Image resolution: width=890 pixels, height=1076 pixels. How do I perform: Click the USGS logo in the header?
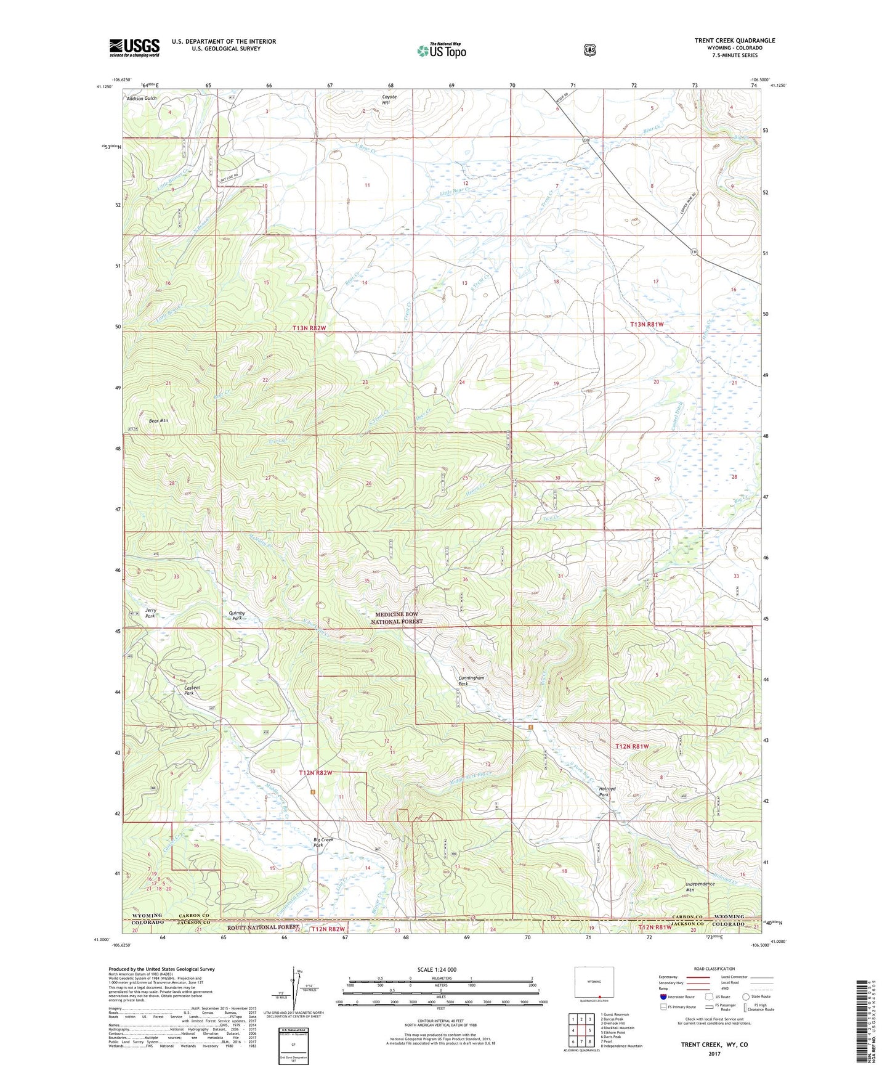coord(134,47)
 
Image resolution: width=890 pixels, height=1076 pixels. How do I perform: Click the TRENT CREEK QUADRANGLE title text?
coord(734,41)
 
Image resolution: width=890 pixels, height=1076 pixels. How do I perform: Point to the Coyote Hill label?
coord(389,100)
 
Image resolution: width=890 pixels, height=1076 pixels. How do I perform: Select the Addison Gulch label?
coord(142,99)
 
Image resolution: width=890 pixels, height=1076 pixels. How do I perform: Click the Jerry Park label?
coord(150,613)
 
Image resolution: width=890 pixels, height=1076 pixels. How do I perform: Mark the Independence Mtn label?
coord(700,887)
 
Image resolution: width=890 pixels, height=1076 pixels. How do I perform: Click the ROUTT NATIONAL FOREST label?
coord(262,927)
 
